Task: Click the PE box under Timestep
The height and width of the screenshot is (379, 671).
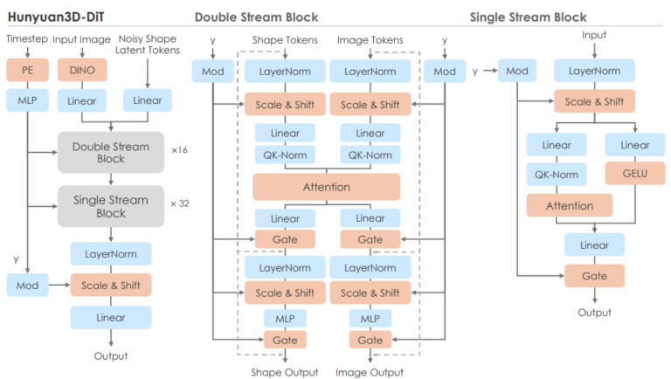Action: click(27, 70)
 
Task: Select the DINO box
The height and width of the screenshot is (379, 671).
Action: click(82, 70)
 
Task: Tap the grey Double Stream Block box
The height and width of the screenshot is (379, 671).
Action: click(111, 152)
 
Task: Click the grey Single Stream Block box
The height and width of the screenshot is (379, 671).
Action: click(111, 206)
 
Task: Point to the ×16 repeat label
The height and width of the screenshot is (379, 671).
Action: click(179, 150)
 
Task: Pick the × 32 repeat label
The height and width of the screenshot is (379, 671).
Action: click(180, 203)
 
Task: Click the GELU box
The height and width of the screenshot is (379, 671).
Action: click(635, 173)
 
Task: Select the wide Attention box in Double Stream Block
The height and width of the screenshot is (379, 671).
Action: click(327, 187)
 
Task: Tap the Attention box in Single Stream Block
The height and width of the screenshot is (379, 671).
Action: click(570, 206)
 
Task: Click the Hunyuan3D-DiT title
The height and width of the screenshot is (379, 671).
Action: click(56, 17)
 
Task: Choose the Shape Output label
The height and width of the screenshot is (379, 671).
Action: click(285, 372)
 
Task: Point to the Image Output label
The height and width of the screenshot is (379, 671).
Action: click(370, 372)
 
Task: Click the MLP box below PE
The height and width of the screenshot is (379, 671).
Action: click(27, 100)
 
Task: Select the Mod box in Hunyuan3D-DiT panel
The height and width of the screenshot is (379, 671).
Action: click(27, 286)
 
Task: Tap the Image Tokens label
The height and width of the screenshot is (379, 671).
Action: click(370, 40)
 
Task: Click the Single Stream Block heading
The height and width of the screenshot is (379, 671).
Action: click(528, 17)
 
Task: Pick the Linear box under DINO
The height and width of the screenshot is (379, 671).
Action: click(82, 100)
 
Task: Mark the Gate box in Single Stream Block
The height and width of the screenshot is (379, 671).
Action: click(594, 276)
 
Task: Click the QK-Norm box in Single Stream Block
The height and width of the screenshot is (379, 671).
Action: click(557, 174)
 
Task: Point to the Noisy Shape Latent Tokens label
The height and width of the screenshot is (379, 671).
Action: click(147, 45)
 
